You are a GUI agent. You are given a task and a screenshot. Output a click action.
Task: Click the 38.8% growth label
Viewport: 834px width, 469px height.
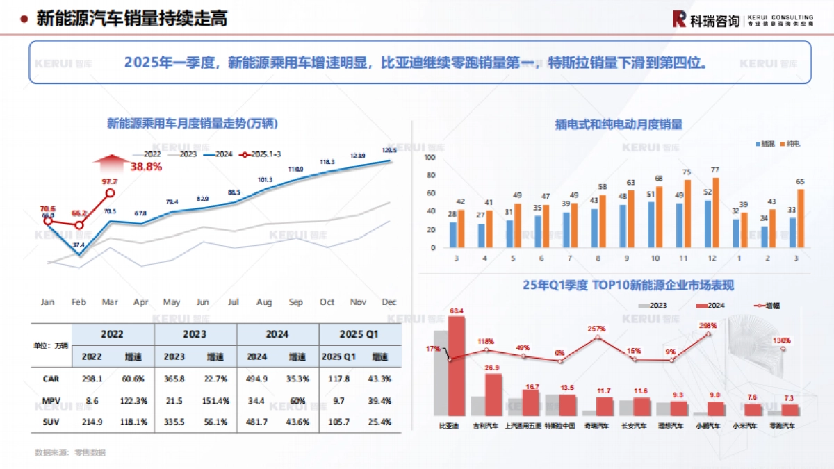point(146,167)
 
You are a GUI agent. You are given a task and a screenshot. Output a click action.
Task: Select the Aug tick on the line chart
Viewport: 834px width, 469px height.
point(264,302)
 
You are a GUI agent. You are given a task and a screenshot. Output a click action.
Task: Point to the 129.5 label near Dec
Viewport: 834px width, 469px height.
point(389,150)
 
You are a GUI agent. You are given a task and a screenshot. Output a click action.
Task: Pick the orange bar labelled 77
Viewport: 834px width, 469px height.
point(716,213)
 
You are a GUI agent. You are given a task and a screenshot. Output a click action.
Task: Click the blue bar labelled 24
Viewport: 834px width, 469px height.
point(764,237)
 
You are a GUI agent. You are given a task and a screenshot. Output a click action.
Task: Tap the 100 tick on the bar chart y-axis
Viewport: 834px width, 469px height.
point(430,158)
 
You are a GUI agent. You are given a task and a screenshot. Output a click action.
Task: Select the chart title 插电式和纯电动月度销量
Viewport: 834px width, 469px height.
point(619,124)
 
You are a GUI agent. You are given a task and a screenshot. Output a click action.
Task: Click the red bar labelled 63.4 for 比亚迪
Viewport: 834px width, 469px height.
point(457,365)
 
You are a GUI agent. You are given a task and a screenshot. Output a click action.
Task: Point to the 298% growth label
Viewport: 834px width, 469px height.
point(709,326)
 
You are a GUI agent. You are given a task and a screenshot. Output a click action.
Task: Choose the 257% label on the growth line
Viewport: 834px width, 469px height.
point(596,329)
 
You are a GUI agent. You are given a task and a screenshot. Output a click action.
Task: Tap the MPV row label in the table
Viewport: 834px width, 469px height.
point(51,400)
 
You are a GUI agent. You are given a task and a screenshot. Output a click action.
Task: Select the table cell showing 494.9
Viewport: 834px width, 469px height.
point(257,379)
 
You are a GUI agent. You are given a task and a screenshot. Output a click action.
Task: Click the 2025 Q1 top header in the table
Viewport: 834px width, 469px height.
point(359,334)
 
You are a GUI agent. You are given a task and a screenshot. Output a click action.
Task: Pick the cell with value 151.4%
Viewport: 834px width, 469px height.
point(215,400)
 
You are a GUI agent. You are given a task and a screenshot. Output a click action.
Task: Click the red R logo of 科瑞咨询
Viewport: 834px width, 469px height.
point(679,19)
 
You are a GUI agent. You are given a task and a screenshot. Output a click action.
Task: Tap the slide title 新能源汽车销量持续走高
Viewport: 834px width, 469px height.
point(132,19)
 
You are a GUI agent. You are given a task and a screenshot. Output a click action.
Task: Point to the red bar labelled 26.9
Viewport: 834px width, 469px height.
point(493,394)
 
